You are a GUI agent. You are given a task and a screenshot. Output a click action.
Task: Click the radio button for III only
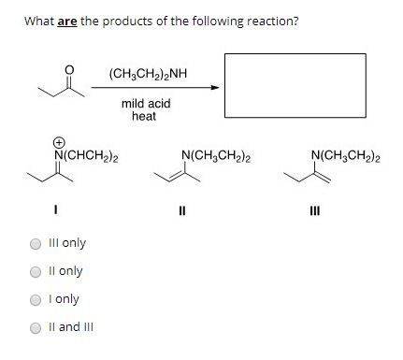point(36,243)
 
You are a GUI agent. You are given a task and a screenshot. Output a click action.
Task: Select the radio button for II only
point(36,271)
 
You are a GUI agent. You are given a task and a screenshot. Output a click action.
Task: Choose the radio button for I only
point(36,299)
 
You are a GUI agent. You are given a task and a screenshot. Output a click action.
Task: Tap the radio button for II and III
point(36,327)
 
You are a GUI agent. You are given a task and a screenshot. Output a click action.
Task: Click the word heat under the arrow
point(144,117)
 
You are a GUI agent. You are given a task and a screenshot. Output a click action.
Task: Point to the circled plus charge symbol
point(62,142)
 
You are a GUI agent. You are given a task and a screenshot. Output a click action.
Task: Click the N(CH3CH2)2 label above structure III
point(347,154)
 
